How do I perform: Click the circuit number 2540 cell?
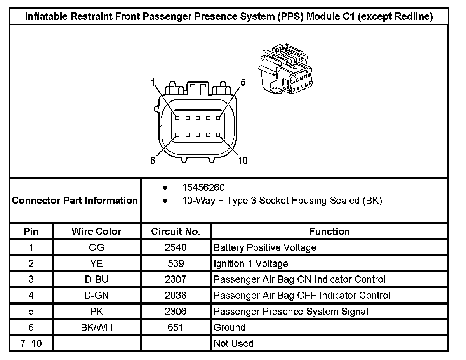(x=176, y=247)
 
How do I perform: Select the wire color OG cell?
(x=96, y=247)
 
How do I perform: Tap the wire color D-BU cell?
(x=96, y=279)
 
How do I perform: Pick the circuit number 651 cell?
(x=176, y=327)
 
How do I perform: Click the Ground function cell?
(x=230, y=327)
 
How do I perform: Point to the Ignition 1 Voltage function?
(x=251, y=264)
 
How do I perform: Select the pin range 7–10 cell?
(x=31, y=343)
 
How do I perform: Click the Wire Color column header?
(x=96, y=232)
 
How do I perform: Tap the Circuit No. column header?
(x=176, y=232)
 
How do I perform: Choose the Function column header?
(x=329, y=232)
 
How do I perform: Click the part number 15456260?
(x=203, y=188)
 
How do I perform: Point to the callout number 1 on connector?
(x=153, y=82)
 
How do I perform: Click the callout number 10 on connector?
(x=243, y=161)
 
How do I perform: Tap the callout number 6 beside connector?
(x=153, y=161)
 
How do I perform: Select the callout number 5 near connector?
(x=243, y=82)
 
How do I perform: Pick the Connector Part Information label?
(x=75, y=201)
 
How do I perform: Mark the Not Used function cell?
(x=234, y=343)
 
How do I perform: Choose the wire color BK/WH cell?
(x=96, y=327)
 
